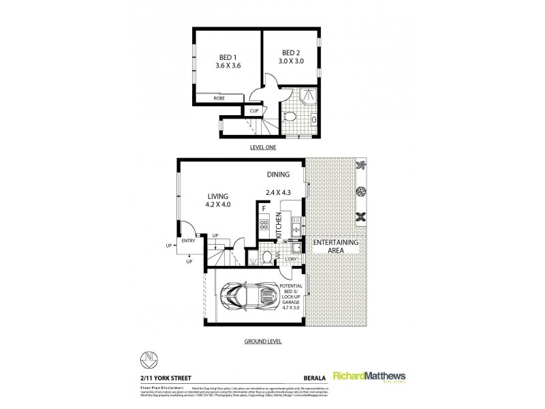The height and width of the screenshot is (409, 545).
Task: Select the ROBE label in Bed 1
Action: pos(219,99)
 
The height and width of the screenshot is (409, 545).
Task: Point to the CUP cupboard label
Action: pos(253,110)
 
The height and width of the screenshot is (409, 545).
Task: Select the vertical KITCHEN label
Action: pos(279,226)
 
